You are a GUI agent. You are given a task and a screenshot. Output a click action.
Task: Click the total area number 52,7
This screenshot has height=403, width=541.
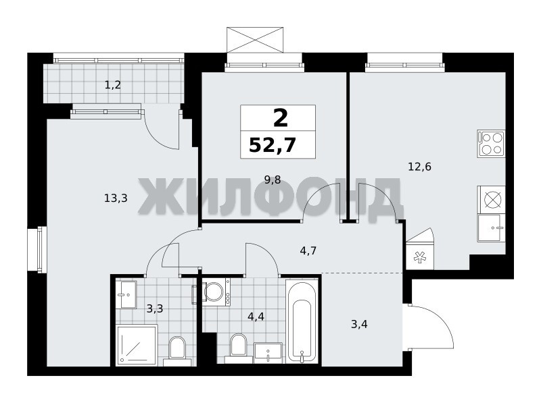[273, 144]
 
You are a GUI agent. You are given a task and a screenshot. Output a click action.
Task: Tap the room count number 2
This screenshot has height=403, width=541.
[281, 117]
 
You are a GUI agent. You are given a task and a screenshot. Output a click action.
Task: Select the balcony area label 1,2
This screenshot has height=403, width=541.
[113, 85]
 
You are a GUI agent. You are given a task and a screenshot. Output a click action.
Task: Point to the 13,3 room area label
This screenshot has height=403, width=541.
[116, 198]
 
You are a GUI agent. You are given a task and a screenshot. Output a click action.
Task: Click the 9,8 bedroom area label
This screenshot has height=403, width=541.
[273, 180]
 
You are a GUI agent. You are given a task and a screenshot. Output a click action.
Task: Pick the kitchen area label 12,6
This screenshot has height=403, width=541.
[419, 167]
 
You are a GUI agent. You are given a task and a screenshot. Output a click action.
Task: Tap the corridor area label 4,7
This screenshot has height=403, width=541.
[308, 250]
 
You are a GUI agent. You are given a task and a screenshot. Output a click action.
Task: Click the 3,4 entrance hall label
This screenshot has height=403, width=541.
[359, 324]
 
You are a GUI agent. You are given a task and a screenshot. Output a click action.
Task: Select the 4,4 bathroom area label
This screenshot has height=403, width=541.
[256, 316]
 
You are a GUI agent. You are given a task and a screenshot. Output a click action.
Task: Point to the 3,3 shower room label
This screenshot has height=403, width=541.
[155, 308]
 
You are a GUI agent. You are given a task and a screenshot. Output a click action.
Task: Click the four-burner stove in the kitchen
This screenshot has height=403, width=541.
[492, 144]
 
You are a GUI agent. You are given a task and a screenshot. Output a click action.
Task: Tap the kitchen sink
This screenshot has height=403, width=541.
[492, 227]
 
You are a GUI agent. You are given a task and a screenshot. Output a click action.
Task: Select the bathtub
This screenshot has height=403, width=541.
[302, 322]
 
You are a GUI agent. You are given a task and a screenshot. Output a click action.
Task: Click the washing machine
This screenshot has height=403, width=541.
[216, 292]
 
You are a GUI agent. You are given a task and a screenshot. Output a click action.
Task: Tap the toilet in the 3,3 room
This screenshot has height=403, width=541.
[177, 350]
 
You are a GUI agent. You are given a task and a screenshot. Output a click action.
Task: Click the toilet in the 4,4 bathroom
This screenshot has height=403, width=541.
[238, 348]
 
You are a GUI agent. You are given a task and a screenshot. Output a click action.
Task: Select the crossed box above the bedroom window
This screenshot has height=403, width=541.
[255, 40]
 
